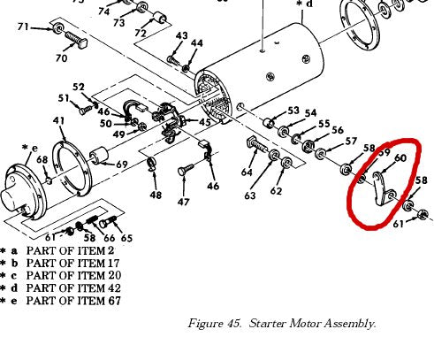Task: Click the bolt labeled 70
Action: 76,40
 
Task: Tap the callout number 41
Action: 59,120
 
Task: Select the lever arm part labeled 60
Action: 381,188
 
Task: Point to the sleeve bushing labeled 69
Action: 99,155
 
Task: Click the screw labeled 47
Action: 186,170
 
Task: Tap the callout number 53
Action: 293,111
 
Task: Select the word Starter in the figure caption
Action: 268,324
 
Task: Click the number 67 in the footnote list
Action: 115,301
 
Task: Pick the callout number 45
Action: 205,122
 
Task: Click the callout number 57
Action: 351,142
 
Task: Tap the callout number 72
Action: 141,33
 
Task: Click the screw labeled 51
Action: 86,111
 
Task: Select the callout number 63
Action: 250,195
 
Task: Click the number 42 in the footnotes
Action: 114,287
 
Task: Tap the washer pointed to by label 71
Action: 57,28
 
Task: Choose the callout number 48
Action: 156,195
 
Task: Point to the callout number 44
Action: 197,43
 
